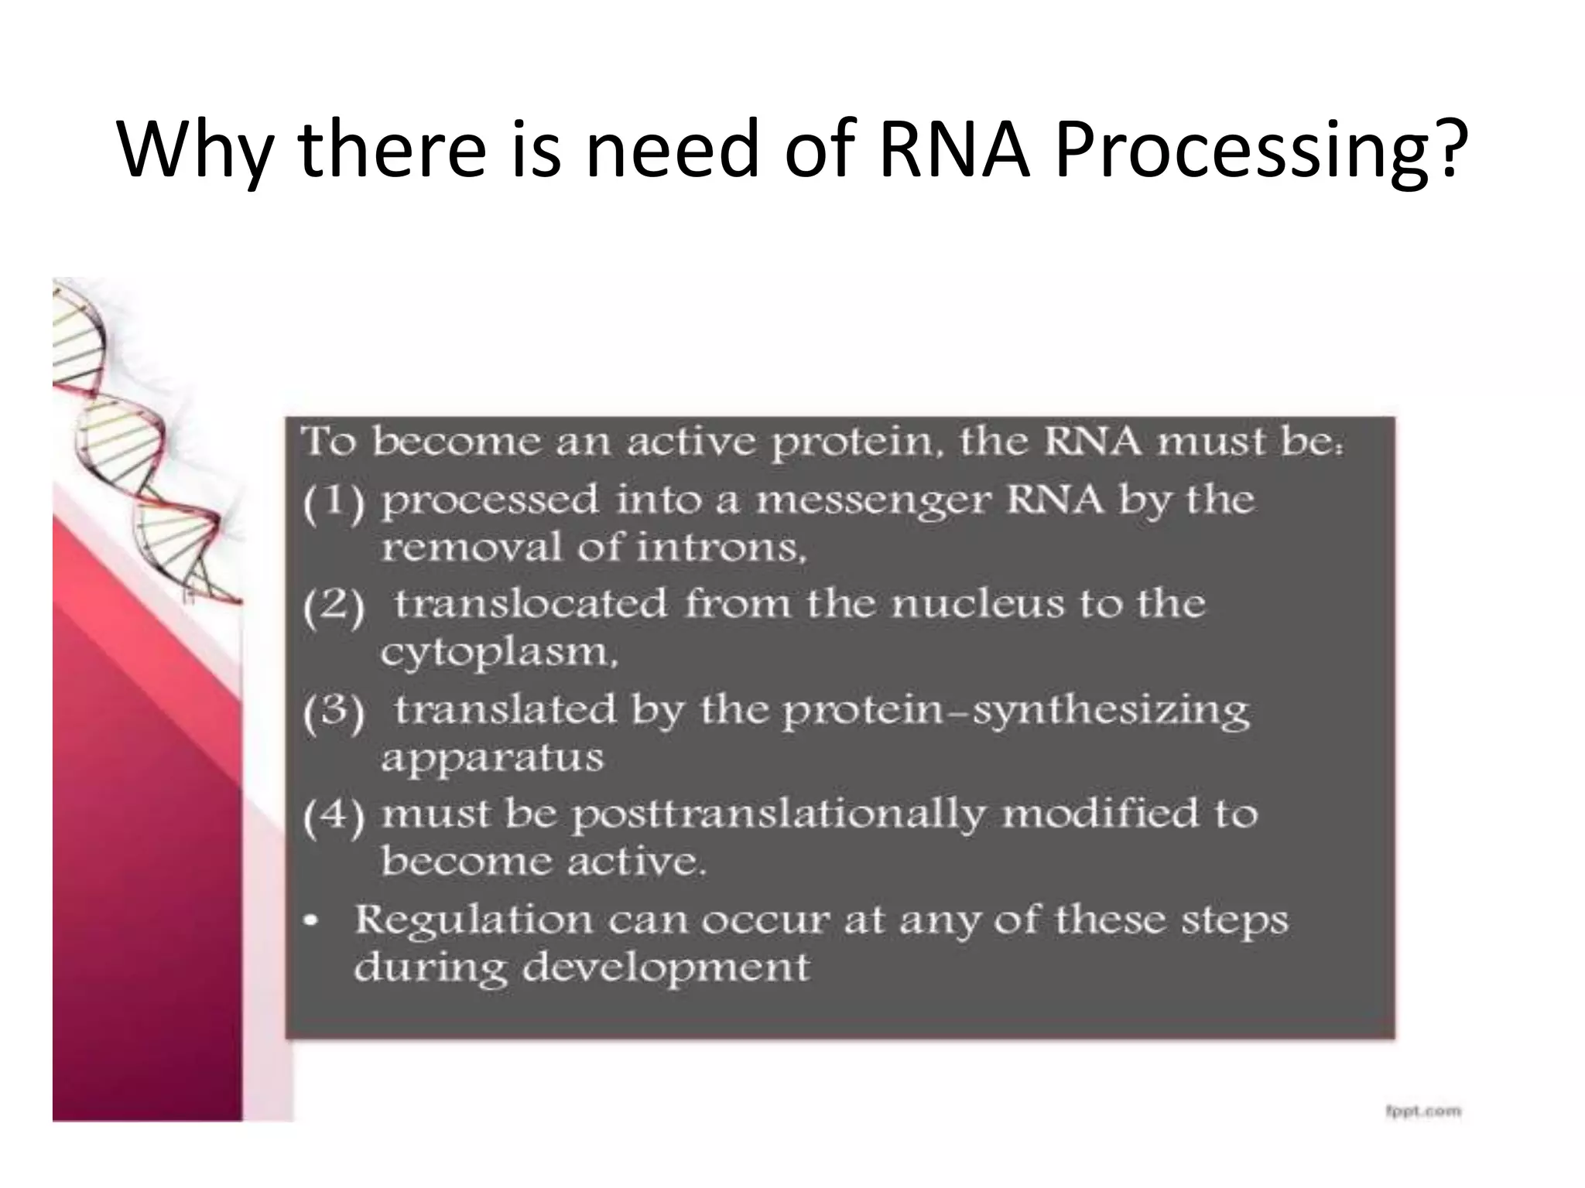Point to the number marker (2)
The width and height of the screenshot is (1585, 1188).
[333, 606]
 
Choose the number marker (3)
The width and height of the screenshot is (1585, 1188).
[333, 712]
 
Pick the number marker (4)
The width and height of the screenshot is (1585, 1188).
[333, 817]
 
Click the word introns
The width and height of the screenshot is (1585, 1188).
[721, 548]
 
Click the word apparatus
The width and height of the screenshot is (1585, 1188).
[492, 757]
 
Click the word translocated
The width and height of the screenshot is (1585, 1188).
[530, 604]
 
